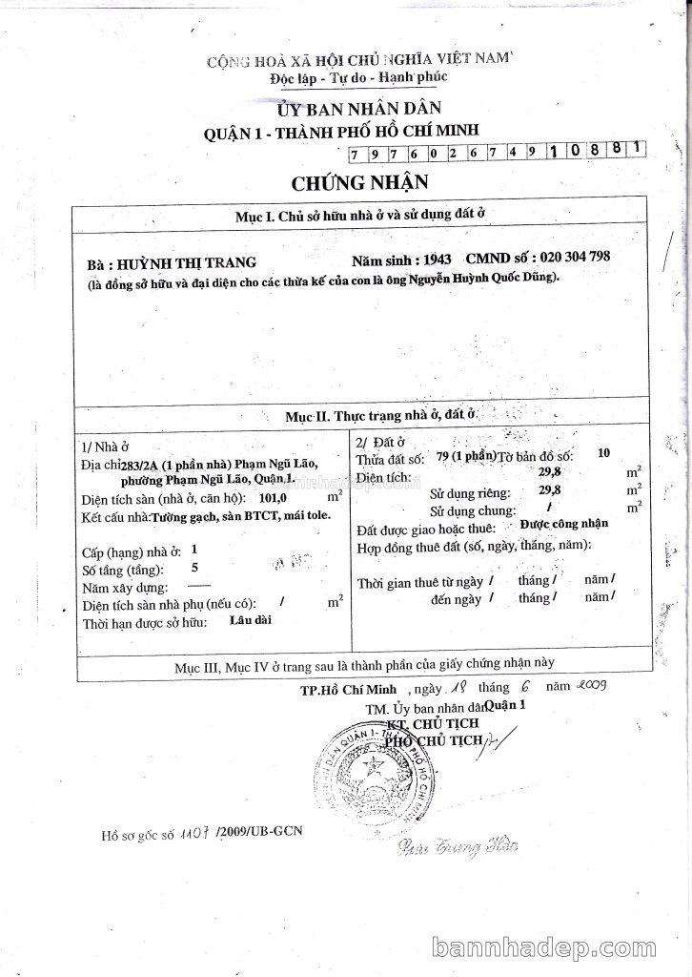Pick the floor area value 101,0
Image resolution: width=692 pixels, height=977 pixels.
[x=287, y=498]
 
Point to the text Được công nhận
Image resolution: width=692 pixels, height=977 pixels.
[x=564, y=524]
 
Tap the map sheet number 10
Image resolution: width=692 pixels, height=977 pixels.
[x=601, y=453]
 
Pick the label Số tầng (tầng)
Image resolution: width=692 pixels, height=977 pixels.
[x=121, y=570]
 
